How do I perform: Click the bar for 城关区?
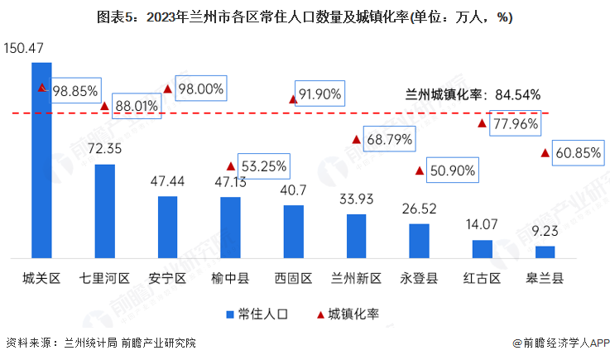coord(41,160)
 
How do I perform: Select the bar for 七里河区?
coord(105,211)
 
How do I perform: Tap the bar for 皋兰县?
coord(545,252)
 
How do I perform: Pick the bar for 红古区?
coord(482,249)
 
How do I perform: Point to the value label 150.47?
coord(24,49)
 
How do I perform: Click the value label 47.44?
coord(168,181)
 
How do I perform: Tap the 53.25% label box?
coord(264,166)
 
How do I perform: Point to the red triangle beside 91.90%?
coord(293,99)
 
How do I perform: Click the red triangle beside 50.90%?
coord(420,171)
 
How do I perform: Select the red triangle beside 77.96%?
coord(482,124)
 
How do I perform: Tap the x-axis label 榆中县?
coord(230,277)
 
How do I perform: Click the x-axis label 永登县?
coord(419,277)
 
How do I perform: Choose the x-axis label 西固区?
coord(294,277)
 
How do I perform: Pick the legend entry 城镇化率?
coord(347,314)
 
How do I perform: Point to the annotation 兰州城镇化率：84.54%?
coord(473,94)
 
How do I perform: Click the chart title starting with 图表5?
coord(305,18)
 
